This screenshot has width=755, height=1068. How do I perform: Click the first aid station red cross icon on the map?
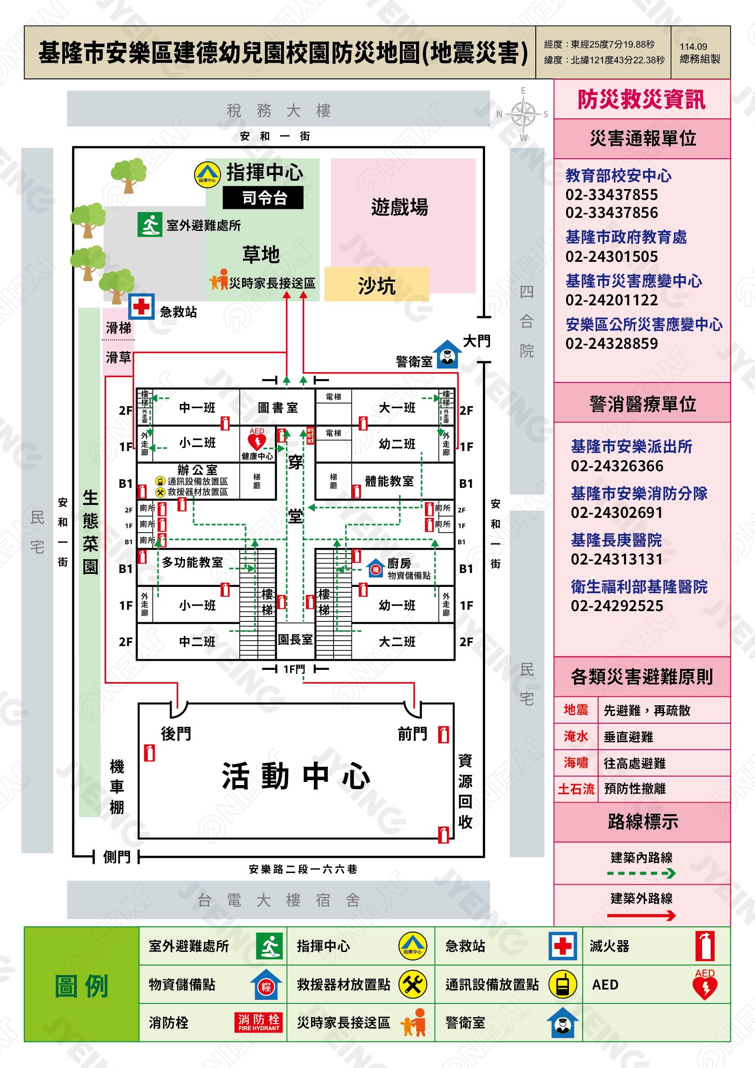click(x=141, y=307)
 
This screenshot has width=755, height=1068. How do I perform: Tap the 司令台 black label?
click(x=263, y=198)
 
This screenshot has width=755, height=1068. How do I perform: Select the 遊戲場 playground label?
click(x=399, y=207)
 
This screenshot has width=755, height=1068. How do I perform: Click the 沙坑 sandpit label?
click(x=376, y=285)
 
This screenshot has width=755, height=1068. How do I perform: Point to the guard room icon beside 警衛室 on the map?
click(x=447, y=355)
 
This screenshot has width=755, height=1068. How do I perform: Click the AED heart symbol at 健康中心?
click(x=257, y=439)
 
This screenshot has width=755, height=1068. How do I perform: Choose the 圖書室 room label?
click(x=278, y=408)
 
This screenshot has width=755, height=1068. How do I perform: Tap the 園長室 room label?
click(x=295, y=640)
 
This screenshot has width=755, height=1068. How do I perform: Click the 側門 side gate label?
click(x=117, y=857)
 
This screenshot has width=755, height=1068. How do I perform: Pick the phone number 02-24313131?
click(x=616, y=559)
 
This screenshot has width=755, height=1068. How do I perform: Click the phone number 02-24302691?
click(x=616, y=512)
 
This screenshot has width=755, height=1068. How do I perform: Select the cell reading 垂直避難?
click(x=628, y=737)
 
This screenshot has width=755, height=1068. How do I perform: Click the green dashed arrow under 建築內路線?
click(x=641, y=873)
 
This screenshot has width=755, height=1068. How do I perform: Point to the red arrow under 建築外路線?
click(x=641, y=916)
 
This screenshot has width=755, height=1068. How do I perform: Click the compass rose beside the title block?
click(x=523, y=114)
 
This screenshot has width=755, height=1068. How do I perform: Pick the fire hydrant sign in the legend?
click(x=259, y=1022)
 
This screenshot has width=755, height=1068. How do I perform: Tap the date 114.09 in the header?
click(x=693, y=47)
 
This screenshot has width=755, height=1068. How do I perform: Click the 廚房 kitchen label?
click(x=399, y=563)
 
